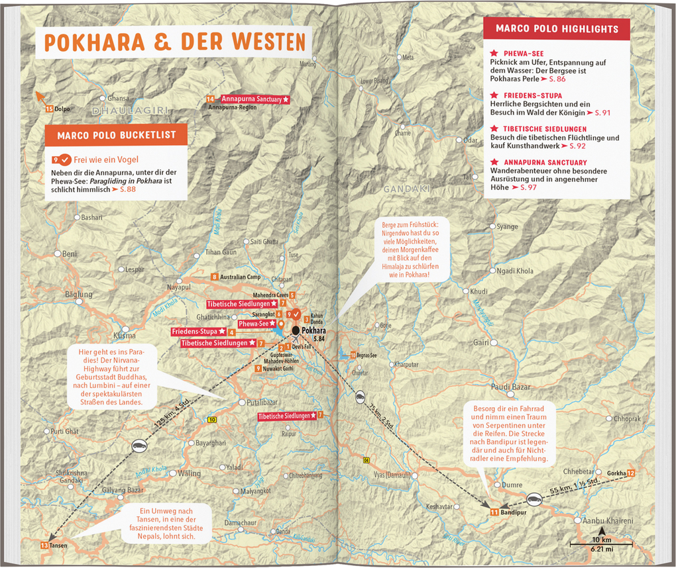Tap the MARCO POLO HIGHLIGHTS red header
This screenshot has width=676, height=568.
[557, 28]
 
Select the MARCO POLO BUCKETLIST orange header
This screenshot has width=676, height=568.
[116, 135]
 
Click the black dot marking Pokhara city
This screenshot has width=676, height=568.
[296, 329]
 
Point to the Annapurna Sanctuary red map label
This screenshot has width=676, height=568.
[255, 99]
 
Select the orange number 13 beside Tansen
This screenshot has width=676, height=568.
[44, 545]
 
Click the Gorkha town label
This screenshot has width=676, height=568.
[616, 473]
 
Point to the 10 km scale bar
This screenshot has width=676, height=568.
[602, 544]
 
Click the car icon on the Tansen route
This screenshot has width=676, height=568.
[139, 446]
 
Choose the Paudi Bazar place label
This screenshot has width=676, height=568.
[511, 386]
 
